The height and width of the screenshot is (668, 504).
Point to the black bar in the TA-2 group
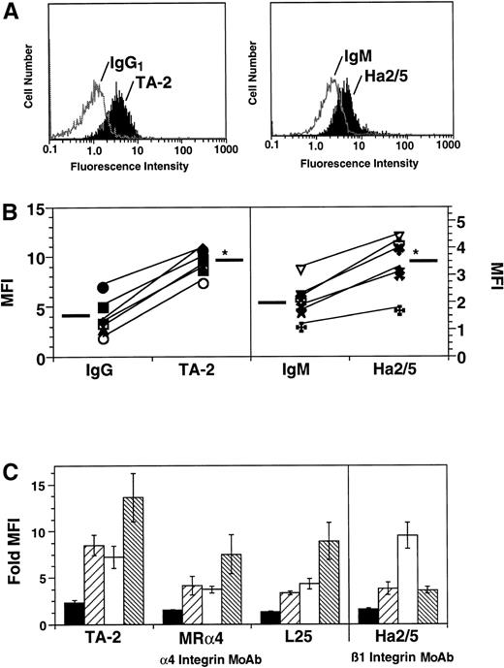(71, 614)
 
